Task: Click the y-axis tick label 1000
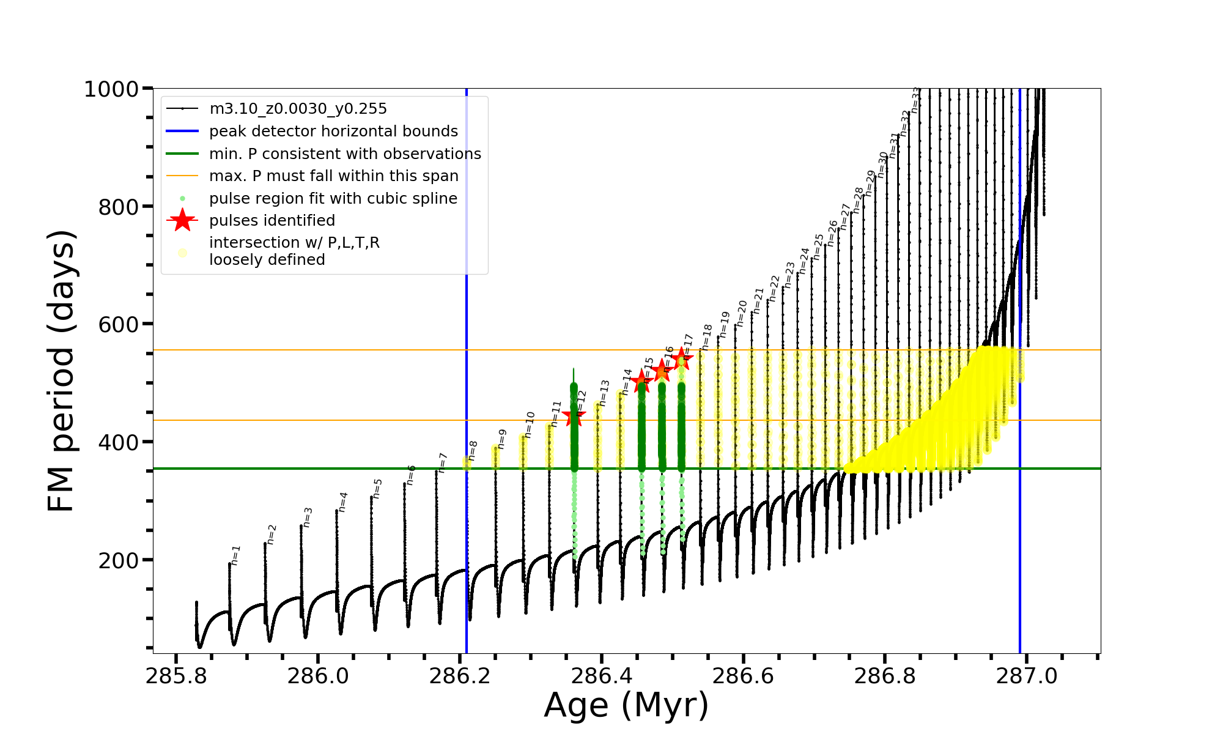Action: pyautogui.click(x=111, y=89)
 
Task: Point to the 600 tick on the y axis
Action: pyautogui.click(x=118, y=324)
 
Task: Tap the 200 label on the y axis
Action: pyautogui.click(x=118, y=560)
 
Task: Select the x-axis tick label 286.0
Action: pyautogui.click(x=317, y=677)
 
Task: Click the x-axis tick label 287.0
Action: pyautogui.click(x=1027, y=677)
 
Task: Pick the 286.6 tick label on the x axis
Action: pyautogui.click(x=743, y=677)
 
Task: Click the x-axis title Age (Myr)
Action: pyautogui.click(x=626, y=705)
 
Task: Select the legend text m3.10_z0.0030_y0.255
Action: pyautogui.click(x=298, y=109)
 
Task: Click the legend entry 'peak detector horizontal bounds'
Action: pyautogui.click(x=333, y=132)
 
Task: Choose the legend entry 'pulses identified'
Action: pyautogui.click(x=272, y=221)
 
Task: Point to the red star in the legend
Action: pyautogui.click(x=182, y=220)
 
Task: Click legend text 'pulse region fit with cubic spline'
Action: pyautogui.click(x=333, y=199)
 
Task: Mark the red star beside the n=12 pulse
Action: pyautogui.click(x=574, y=417)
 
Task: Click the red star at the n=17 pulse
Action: pyautogui.click(x=682, y=360)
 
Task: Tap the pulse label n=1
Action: pyautogui.click(x=235, y=555)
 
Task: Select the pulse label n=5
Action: pyautogui.click(x=377, y=488)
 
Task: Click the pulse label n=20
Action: pyautogui.click(x=742, y=313)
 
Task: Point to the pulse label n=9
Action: pyautogui.click(x=502, y=439)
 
